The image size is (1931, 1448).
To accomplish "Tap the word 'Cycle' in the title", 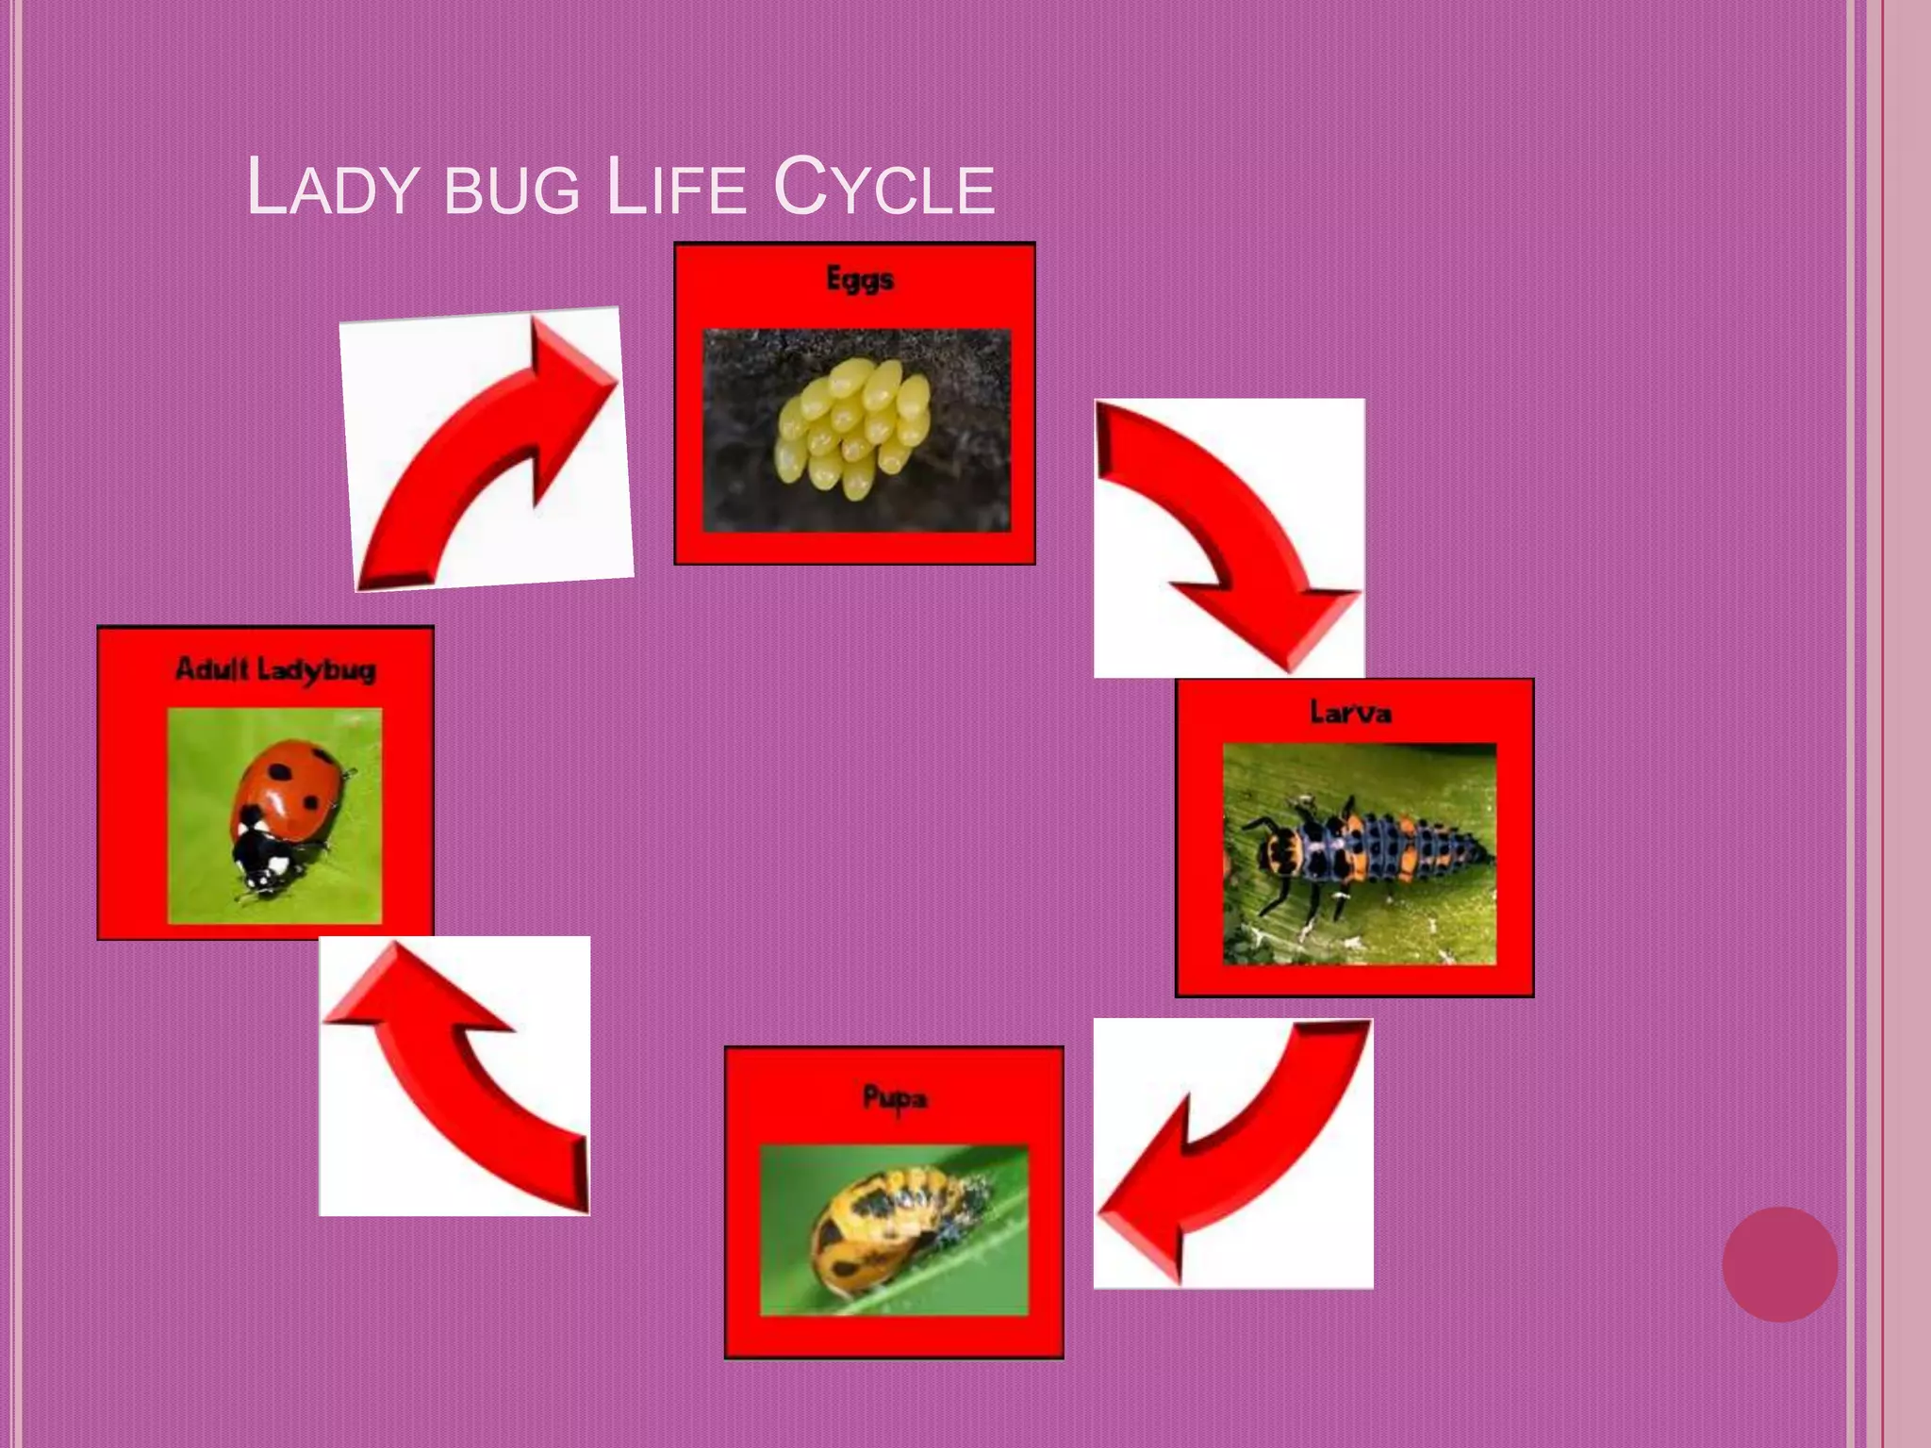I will [883, 188].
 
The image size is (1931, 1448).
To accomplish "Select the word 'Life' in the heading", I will [676, 188].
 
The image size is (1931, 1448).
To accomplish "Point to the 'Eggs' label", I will [859, 279].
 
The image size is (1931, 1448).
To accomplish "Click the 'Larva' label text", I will [1350, 712].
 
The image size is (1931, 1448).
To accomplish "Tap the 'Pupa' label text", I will [895, 1098].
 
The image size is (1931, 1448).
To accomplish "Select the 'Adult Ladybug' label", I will [275, 669].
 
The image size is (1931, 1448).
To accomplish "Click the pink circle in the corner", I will [1779, 1264].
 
